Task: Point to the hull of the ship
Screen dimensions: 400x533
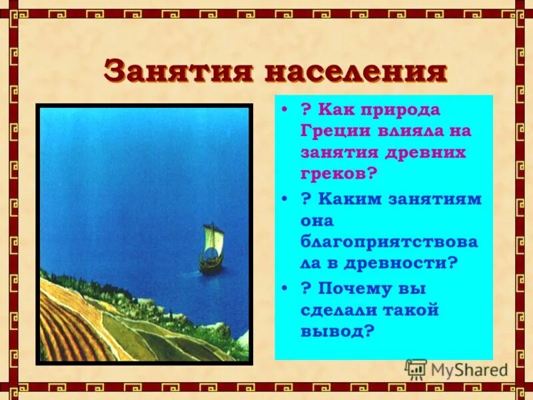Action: pyautogui.click(x=211, y=264)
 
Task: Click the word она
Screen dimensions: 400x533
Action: pyautogui.click(x=316, y=220)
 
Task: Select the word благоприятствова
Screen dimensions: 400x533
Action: pyautogui.click(x=389, y=241)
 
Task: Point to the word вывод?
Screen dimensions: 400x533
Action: pyautogui.click(x=336, y=331)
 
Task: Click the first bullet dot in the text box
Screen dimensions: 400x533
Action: pyautogui.click(x=284, y=109)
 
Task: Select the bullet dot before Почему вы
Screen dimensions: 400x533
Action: pyautogui.click(x=284, y=288)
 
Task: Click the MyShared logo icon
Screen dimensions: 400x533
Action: pyautogui.click(x=416, y=369)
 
